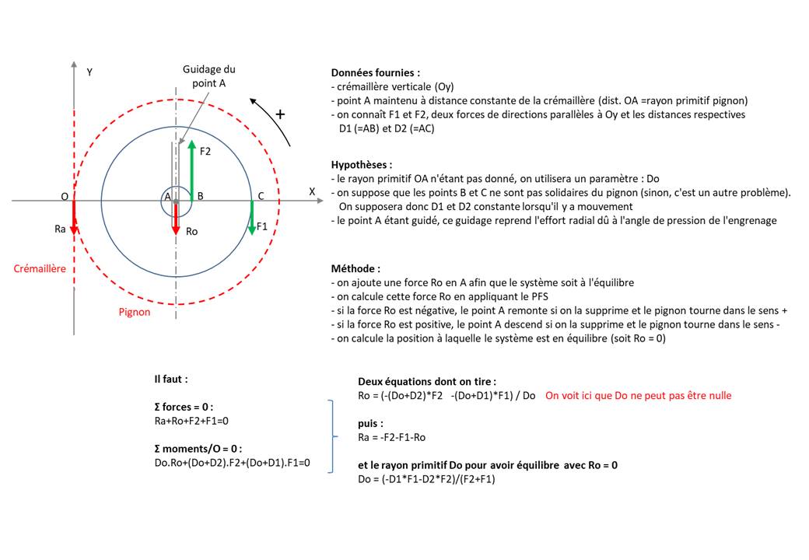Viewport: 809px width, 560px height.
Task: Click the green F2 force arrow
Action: pos(191,172)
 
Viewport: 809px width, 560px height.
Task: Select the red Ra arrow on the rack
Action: pos(73,217)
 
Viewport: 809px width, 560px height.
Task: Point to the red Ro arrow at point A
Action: pos(175,218)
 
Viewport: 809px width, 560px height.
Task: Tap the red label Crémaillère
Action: pos(40,269)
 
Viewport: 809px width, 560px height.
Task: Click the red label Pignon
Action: pos(135,312)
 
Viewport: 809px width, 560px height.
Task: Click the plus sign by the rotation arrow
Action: pos(280,114)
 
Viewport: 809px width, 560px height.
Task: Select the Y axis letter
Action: pos(89,72)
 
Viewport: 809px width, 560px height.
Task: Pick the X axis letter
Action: pos(312,191)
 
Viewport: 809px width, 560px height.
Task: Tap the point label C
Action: pos(261,196)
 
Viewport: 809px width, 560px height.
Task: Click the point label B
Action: pos(200,196)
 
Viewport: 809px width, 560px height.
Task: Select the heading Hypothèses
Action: pos(361,165)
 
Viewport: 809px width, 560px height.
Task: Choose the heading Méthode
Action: pos(355,267)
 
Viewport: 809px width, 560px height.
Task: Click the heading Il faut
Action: pos(170,380)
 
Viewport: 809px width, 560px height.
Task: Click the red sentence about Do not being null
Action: pos(638,395)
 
